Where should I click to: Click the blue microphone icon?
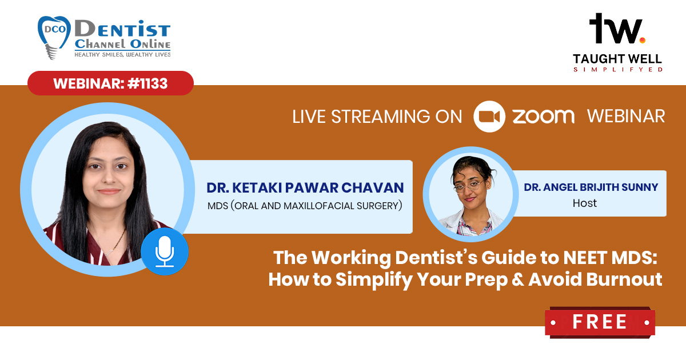point(165,251)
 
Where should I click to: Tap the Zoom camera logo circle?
point(489,117)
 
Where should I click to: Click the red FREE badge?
point(600,322)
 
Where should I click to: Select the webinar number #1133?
point(147,83)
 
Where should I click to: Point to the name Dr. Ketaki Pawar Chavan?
point(305,187)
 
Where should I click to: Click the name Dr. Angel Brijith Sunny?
point(591,187)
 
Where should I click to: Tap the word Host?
point(585,203)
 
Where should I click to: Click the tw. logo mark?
point(617,28)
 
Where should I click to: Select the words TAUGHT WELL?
point(617,58)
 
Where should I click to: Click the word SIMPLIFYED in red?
point(618,70)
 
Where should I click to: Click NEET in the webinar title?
point(585,258)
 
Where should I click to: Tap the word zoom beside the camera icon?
point(544,117)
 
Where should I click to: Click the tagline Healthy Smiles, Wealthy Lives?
point(122,54)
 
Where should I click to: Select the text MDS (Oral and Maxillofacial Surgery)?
point(305,206)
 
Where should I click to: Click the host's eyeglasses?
point(468,186)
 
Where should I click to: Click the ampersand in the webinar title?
point(517,279)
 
